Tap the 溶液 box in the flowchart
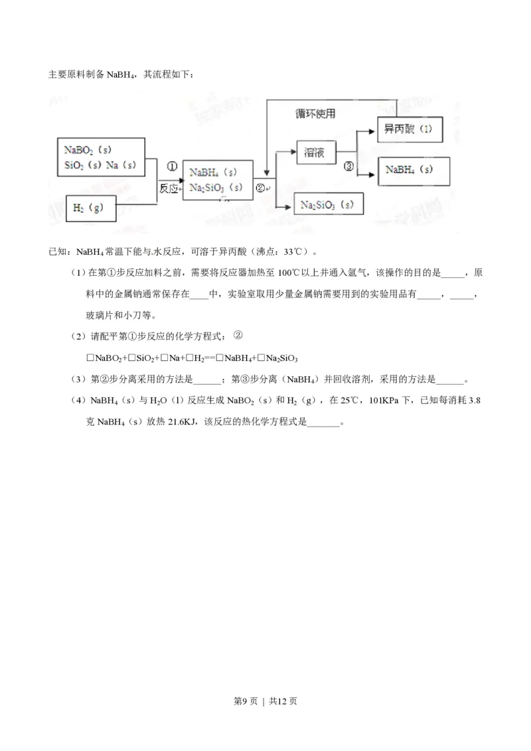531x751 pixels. point(314,152)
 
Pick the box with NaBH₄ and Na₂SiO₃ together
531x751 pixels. point(216,179)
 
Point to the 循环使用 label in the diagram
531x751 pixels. point(315,113)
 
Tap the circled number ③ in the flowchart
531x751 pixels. point(349,167)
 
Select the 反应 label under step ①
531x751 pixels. point(169,188)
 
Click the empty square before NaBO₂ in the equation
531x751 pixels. point(90,358)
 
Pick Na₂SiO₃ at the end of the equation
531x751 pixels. point(282,358)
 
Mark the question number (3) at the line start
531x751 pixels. point(78,379)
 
